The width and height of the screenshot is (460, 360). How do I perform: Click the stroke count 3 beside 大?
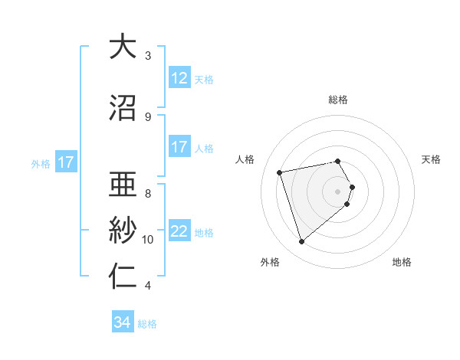[x=148, y=55]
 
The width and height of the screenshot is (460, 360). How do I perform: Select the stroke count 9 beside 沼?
[x=148, y=116]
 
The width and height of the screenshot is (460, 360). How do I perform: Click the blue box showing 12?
[x=179, y=77]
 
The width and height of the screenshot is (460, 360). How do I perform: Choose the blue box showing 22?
[x=179, y=231]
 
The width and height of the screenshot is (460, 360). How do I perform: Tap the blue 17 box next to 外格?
[x=65, y=162]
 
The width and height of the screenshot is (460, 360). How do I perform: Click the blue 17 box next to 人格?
[x=179, y=147]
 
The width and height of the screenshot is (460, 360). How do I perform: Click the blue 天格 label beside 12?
[x=204, y=80]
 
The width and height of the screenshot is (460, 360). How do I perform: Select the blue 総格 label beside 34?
[x=147, y=325]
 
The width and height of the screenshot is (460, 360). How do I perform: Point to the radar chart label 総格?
[x=338, y=100]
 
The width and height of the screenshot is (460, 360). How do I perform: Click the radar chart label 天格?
[x=432, y=159]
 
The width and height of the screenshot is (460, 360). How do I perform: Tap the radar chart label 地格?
[x=402, y=262]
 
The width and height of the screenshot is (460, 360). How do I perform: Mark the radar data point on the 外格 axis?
[x=302, y=242]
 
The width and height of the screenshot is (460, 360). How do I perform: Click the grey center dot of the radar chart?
[x=338, y=191]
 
